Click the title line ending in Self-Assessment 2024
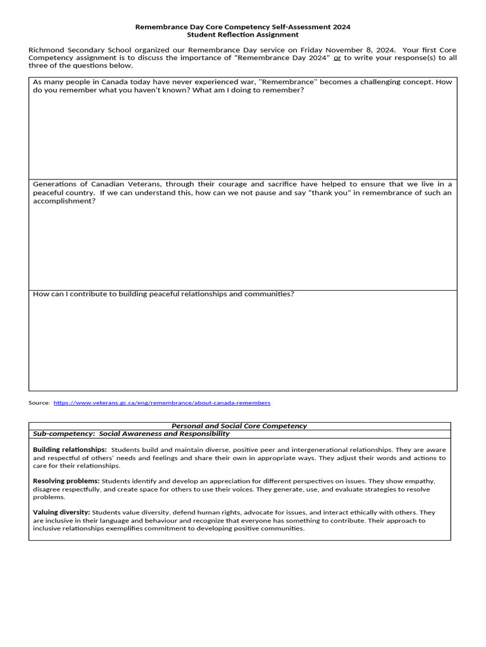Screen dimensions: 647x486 pos(243,27)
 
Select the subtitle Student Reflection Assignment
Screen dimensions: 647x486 pos(243,35)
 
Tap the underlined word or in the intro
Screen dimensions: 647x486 pos(337,58)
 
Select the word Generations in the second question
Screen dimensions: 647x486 pos(55,184)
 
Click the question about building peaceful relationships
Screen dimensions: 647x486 pos(163,294)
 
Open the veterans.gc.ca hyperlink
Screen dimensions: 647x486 pos(162,402)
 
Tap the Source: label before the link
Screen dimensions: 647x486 pos(39,402)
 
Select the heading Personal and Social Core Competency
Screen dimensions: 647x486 pos(239,426)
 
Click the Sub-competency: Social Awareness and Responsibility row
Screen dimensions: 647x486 pos(131,434)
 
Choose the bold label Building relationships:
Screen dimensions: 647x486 pos(70,449)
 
